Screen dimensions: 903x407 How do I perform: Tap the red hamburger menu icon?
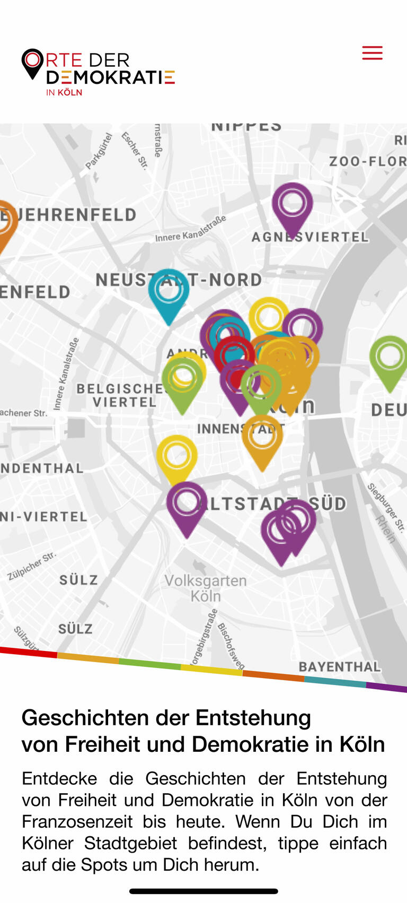click(x=372, y=53)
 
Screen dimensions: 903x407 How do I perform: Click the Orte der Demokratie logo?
click(x=98, y=72)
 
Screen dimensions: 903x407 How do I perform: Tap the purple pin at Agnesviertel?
click(x=293, y=204)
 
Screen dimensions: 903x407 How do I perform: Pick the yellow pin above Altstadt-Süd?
click(x=177, y=456)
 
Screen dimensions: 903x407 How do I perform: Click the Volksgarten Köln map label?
click(x=206, y=588)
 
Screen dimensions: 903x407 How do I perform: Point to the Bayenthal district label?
click(x=340, y=667)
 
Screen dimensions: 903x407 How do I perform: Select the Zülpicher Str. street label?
click(x=32, y=566)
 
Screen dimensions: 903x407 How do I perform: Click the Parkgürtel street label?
click(x=99, y=151)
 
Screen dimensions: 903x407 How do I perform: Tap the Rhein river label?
click(x=386, y=529)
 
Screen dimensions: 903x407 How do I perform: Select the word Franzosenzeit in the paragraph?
click(x=77, y=822)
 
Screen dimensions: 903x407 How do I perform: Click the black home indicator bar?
click(x=203, y=891)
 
